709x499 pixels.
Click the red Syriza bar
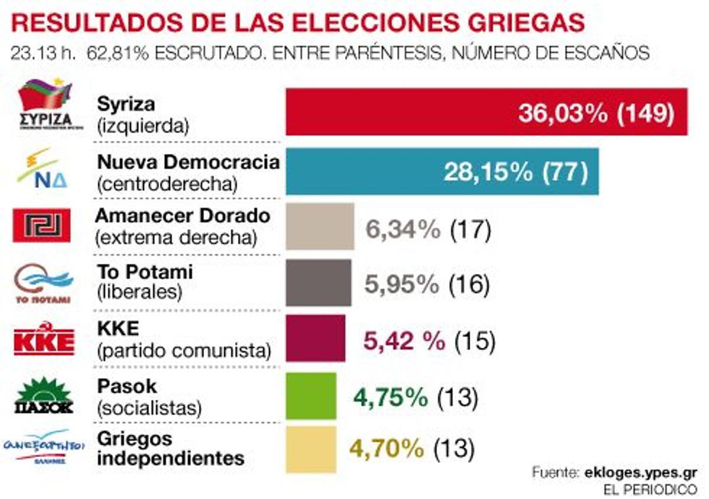(x=402, y=112)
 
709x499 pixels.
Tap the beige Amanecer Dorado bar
(x=320, y=227)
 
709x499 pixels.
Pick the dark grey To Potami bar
(x=318, y=282)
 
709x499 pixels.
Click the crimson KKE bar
(x=316, y=338)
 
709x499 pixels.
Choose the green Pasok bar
(x=311, y=396)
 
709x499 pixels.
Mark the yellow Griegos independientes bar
(x=311, y=449)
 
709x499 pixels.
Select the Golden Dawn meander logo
(x=42, y=226)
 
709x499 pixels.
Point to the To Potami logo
(x=43, y=283)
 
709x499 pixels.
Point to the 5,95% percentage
(x=401, y=285)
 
